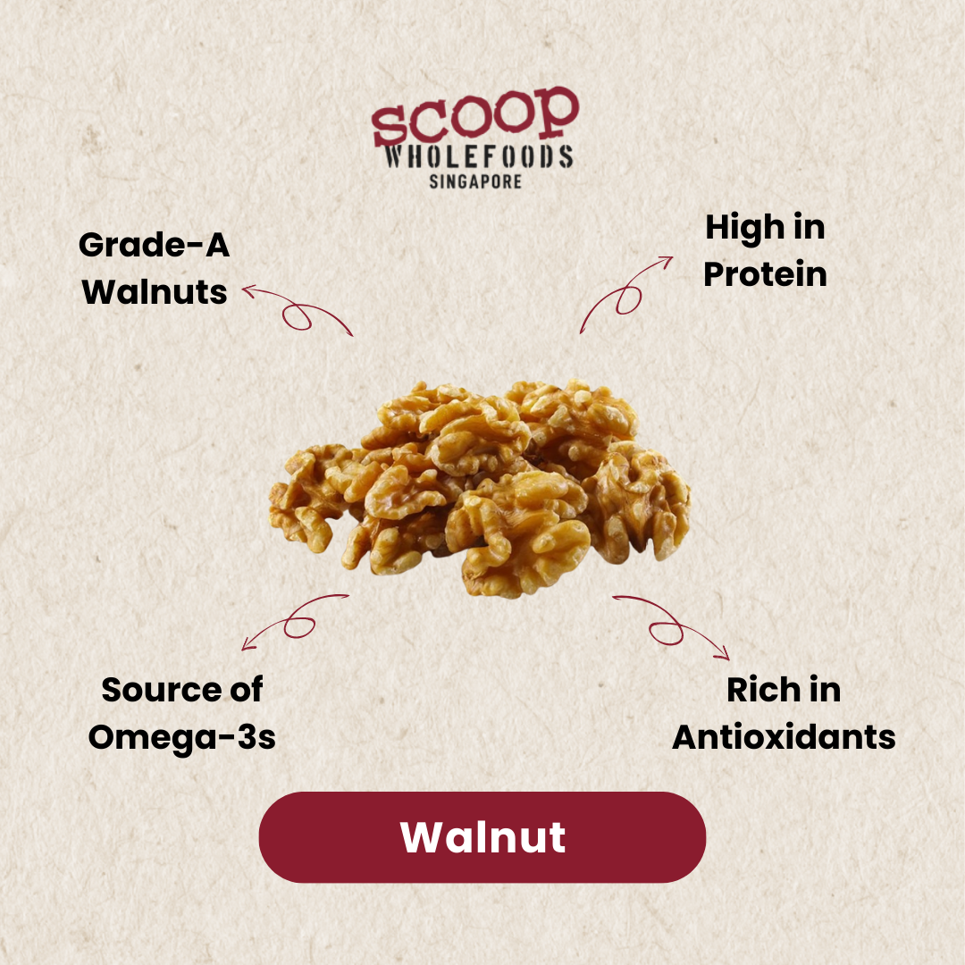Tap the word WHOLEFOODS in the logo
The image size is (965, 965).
coord(478,157)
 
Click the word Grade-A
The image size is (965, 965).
coord(155,245)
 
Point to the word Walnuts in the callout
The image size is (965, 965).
coord(155,291)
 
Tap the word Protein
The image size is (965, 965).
coord(765,274)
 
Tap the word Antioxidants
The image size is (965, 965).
coord(784,737)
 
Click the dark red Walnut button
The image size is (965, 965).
coord(482,837)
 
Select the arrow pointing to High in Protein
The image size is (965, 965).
coord(625,294)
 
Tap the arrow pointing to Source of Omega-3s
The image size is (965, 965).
coord(295,620)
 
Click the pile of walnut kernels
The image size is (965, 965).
coord(481,487)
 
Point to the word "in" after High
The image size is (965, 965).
coord(809,228)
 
